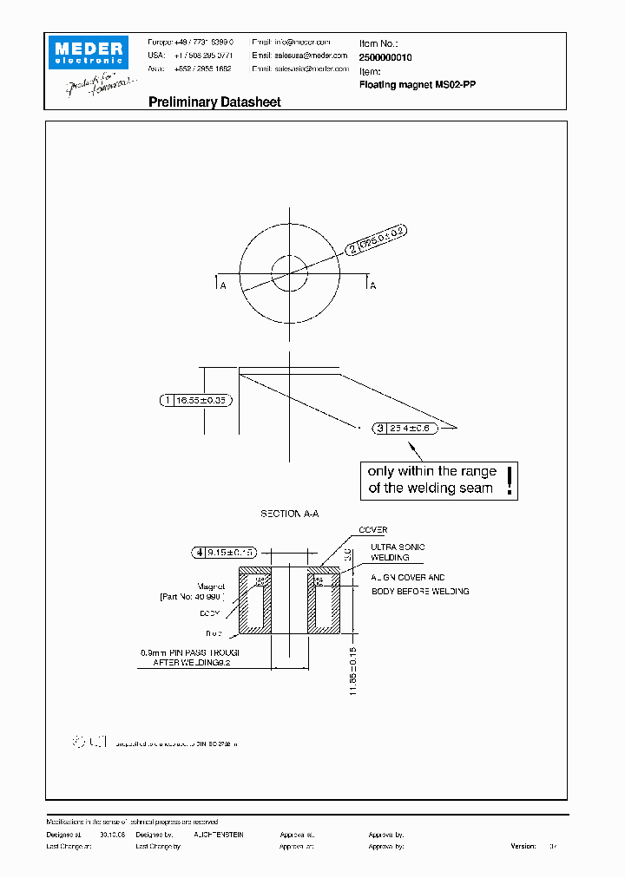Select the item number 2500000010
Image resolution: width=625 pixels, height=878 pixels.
[x=385, y=56]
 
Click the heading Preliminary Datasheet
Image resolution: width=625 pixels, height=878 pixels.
[x=214, y=102]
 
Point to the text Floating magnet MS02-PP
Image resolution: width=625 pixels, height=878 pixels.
[x=417, y=85]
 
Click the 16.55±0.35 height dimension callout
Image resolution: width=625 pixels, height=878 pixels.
[x=196, y=400]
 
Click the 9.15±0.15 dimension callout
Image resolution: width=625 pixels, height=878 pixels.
[x=225, y=551]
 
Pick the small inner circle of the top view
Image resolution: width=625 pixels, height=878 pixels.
[x=289, y=275]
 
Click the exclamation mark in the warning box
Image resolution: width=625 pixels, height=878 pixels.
[x=510, y=480]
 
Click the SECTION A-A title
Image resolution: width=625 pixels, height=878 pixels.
[x=290, y=514]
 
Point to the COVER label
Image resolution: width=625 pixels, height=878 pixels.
[x=373, y=529]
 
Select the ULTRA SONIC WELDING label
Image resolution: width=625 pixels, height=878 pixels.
[x=397, y=552]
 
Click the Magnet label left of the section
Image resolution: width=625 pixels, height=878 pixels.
[x=211, y=586]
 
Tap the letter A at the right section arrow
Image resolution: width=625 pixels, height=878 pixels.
[x=373, y=285]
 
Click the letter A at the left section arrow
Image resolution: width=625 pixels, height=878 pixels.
[x=223, y=285]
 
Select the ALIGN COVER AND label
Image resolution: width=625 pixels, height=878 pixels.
[x=407, y=577]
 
